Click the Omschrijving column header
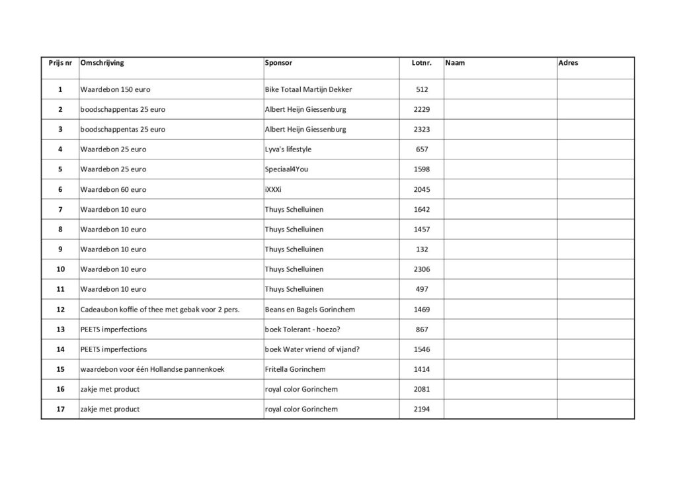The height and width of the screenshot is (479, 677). (102, 63)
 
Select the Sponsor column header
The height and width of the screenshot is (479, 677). (278, 63)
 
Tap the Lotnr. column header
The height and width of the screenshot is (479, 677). (421, 64)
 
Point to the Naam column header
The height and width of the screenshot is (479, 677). (456, 63)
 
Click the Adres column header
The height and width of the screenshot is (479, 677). (568, 63)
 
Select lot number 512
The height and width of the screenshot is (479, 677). (422, 89)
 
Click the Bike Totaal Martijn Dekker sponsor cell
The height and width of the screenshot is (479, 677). (308, 89)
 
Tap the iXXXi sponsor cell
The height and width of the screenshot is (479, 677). (273, 189)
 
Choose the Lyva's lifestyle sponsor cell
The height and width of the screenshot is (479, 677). (288, 149)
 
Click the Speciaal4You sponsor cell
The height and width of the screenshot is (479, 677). (286, 169)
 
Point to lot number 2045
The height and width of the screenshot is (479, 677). (422, 189)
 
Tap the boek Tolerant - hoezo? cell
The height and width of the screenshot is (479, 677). (305, 329)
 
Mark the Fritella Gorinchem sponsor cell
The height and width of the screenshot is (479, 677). (295, 369)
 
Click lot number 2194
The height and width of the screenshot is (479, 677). (422, 409)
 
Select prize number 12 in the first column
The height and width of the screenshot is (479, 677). (60, 309)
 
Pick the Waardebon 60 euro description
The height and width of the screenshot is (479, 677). (113, 189)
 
